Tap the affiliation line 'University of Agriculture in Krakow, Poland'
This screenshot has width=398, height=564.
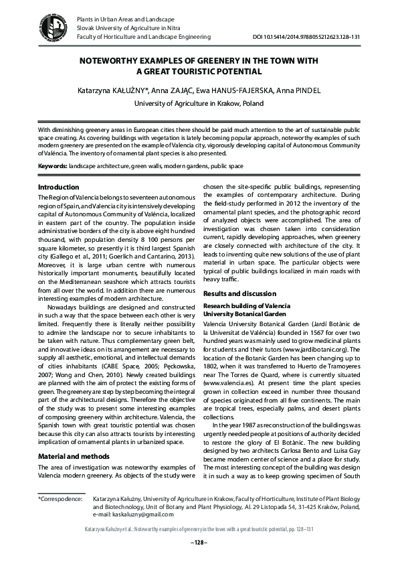pyautogui.click(x=199, y=104)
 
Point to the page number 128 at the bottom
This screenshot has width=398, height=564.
pyautogui.click(x=199, y=541)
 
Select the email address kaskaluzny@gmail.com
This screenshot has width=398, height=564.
pyautogui.click(x=139, y=514)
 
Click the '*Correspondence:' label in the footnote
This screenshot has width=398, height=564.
pyautogui.click(x=60, y=499)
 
